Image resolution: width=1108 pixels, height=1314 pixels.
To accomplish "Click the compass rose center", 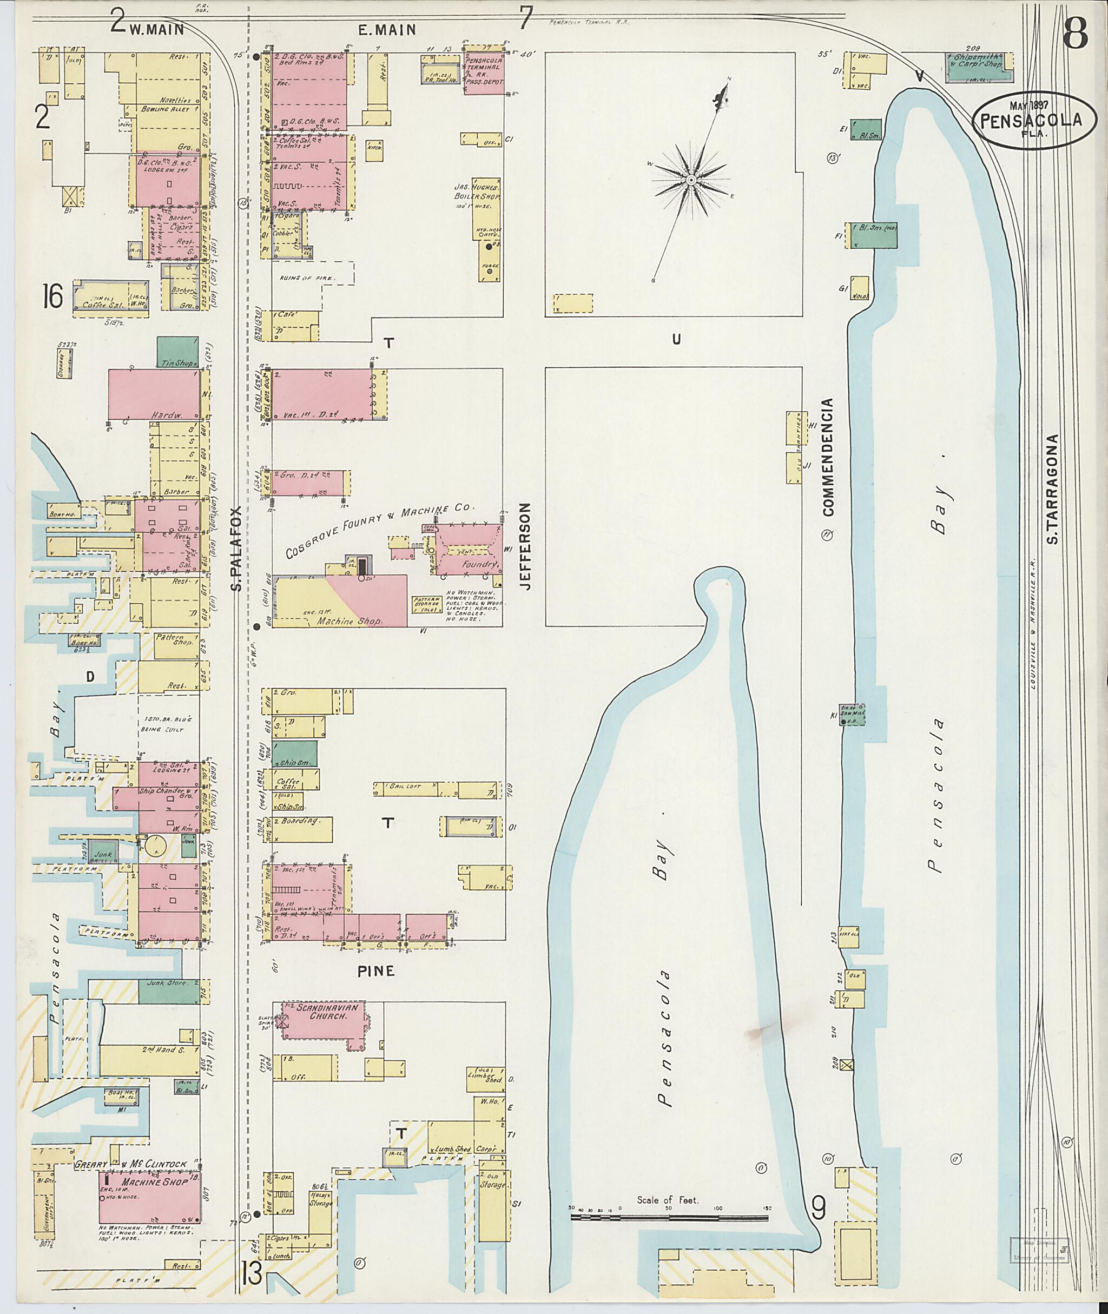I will point(690,180).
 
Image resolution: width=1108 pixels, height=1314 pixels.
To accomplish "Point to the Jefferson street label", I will point(526,545).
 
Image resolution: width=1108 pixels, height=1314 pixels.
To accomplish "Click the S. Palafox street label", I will point(236,549).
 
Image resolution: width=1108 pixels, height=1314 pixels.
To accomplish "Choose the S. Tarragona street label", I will point(1054,488).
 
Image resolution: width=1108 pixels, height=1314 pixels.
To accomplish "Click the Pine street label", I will point(375,971).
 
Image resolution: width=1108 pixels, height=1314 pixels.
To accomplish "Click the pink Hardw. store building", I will point(154,394).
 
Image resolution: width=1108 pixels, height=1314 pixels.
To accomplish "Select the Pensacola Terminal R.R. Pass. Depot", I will point(484,73).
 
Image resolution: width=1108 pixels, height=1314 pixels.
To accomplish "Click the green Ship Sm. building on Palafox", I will point(295,754).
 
